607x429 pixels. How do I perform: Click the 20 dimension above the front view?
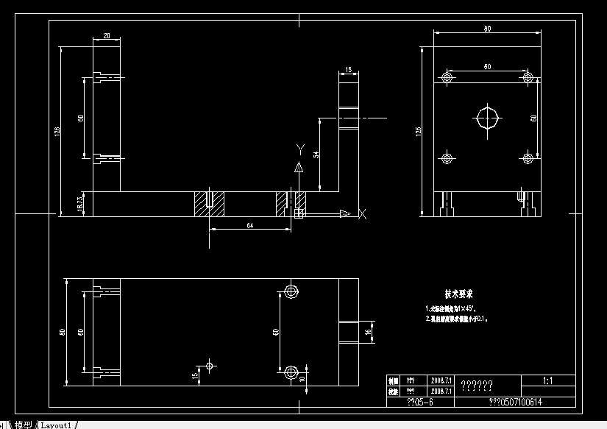[107, 36]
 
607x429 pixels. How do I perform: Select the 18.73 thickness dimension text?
[81, 203]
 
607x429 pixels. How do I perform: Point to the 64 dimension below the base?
[250, 225]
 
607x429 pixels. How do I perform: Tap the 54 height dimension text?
[316, 155]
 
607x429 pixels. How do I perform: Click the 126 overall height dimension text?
[57, 130]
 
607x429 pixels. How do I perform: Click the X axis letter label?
[362, 214]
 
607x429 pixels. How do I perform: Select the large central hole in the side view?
[487, 118]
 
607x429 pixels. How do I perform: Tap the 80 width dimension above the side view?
[487, 29]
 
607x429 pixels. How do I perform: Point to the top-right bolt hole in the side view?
[527, 77]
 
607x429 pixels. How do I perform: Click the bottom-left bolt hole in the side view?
[446, 157]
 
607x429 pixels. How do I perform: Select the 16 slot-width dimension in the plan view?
[369, 333]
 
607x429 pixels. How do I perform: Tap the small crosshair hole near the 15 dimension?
[210, 365]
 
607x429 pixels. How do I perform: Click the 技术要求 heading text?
[458, 294]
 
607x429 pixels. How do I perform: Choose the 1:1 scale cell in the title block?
[548, 382]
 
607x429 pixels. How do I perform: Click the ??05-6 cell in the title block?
[420, 403]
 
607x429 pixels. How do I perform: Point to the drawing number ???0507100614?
[515, 403]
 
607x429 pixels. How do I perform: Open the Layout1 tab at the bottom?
[56, 425]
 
